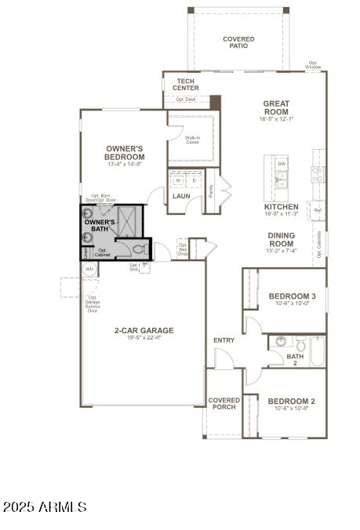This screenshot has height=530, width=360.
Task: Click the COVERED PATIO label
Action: click(238, 42)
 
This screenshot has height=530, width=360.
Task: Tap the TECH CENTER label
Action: click(185, 85)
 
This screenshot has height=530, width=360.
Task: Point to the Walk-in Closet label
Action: click(192, 140)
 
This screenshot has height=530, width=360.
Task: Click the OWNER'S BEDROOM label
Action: click(125, 152)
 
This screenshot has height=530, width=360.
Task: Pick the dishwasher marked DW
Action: click(281, 163)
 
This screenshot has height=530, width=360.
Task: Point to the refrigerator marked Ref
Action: click(318, 210)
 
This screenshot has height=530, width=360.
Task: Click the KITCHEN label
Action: click(281, 209)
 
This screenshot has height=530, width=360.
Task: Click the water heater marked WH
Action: click(89, 269)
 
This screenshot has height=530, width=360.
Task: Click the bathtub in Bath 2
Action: click(317, 350)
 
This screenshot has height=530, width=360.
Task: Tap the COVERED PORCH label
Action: click(224, 404)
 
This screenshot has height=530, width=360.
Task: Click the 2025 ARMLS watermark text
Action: click(45, 508)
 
